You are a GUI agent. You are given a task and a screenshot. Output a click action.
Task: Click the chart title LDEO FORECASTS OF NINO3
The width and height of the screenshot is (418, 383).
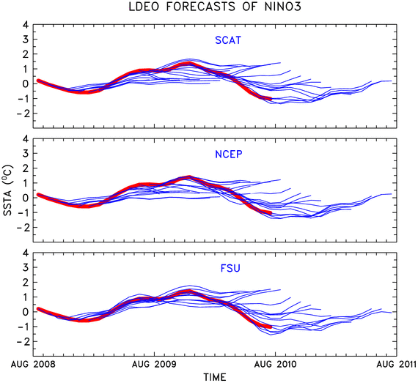[215, 7]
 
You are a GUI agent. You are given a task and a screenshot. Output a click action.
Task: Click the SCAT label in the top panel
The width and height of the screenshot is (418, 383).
[228, 40]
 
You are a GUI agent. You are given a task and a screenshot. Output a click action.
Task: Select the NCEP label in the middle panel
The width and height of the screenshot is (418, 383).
[229, 154]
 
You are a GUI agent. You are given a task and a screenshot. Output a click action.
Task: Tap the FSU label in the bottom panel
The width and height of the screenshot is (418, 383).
[230, 268]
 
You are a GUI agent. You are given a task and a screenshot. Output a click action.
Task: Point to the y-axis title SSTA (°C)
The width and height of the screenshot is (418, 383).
[8, 190]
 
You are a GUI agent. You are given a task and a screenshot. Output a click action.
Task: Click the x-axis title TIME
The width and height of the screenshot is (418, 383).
[215, 377]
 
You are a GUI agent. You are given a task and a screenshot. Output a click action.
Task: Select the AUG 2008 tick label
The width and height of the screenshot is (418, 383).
[33, 364]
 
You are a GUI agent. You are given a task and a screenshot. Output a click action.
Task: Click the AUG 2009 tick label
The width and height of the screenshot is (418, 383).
[154, 364]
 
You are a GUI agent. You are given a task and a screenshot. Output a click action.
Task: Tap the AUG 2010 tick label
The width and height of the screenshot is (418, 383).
[276, 364]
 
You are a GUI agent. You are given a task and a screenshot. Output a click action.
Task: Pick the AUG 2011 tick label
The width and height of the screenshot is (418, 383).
[397, 364]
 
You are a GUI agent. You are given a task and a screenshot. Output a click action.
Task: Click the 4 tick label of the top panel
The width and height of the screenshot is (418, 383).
[26, 25]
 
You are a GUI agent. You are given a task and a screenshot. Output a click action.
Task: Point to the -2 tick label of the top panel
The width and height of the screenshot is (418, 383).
[23, 114]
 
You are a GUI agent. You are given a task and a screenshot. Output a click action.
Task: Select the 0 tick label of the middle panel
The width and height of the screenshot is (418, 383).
[26, 198]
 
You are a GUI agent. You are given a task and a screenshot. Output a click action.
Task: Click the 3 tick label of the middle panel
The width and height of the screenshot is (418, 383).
[26, 154]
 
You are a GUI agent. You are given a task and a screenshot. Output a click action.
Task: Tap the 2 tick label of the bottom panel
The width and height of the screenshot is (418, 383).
[26, 283]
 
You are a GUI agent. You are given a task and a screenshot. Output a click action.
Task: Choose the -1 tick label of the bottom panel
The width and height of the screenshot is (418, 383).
[23, 327]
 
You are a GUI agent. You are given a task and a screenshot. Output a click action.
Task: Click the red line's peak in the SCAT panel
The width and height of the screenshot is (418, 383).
[189, 63]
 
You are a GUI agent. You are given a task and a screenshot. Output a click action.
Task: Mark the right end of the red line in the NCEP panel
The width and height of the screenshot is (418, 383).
[271, 213]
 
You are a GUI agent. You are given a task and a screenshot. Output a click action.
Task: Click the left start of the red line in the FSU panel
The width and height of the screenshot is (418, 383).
[38, 309]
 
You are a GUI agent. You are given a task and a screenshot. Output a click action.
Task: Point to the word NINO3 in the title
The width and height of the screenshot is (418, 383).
[282, 7]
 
